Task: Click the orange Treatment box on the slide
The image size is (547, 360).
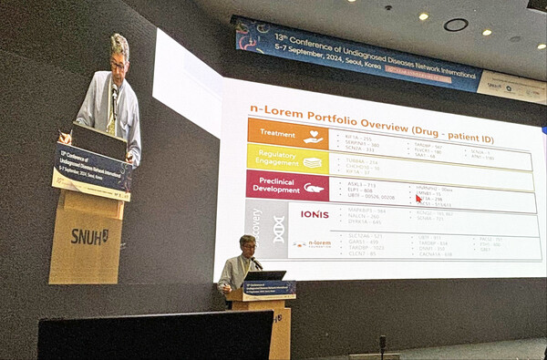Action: tap(274, 133)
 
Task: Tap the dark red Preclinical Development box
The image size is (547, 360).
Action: tap(274, 186)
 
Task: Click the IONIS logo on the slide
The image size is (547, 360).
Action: tap(314, 214)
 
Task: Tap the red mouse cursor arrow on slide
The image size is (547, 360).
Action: tap(418, 198)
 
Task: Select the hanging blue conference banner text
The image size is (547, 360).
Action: tap(356, 54)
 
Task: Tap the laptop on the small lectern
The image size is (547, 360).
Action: tap(265, 275)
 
